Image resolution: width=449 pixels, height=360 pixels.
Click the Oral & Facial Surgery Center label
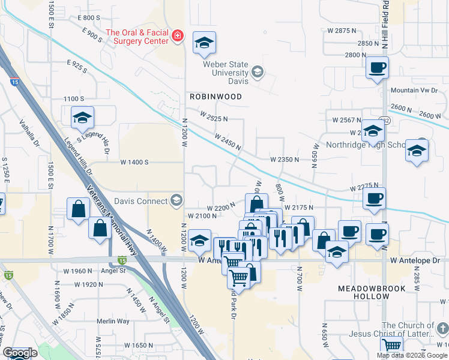pos(136,37)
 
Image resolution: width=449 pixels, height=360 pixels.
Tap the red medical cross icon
pos(177,37)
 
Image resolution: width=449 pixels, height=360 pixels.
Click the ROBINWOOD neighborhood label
pos(215,97)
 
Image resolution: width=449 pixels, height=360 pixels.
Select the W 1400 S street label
pos(134,162)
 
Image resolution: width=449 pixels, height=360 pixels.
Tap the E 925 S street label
pos(77,67)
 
